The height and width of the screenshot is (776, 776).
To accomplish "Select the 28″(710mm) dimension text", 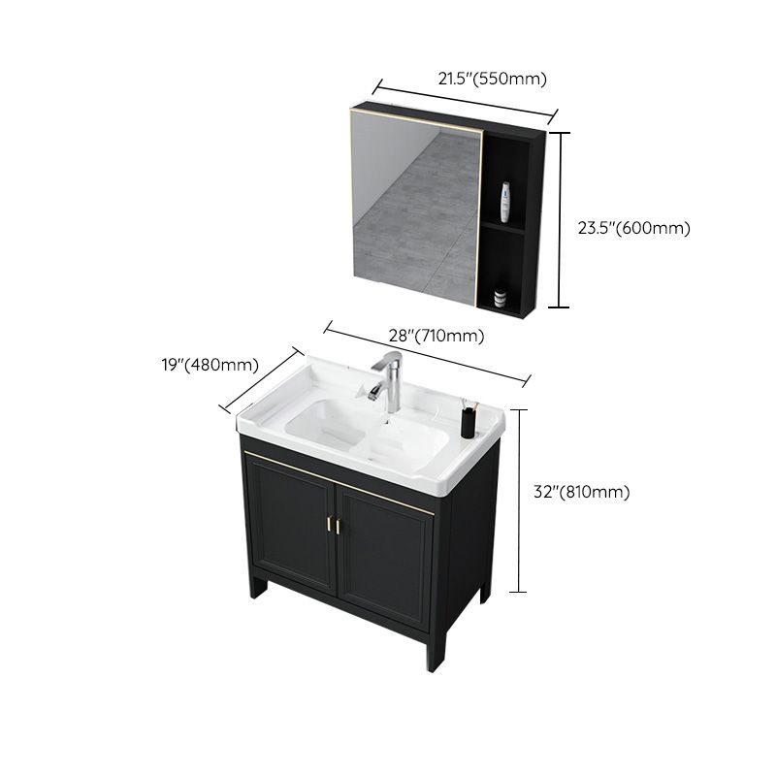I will [436, 336].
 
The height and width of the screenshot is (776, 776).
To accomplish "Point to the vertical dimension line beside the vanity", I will [524, 500].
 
